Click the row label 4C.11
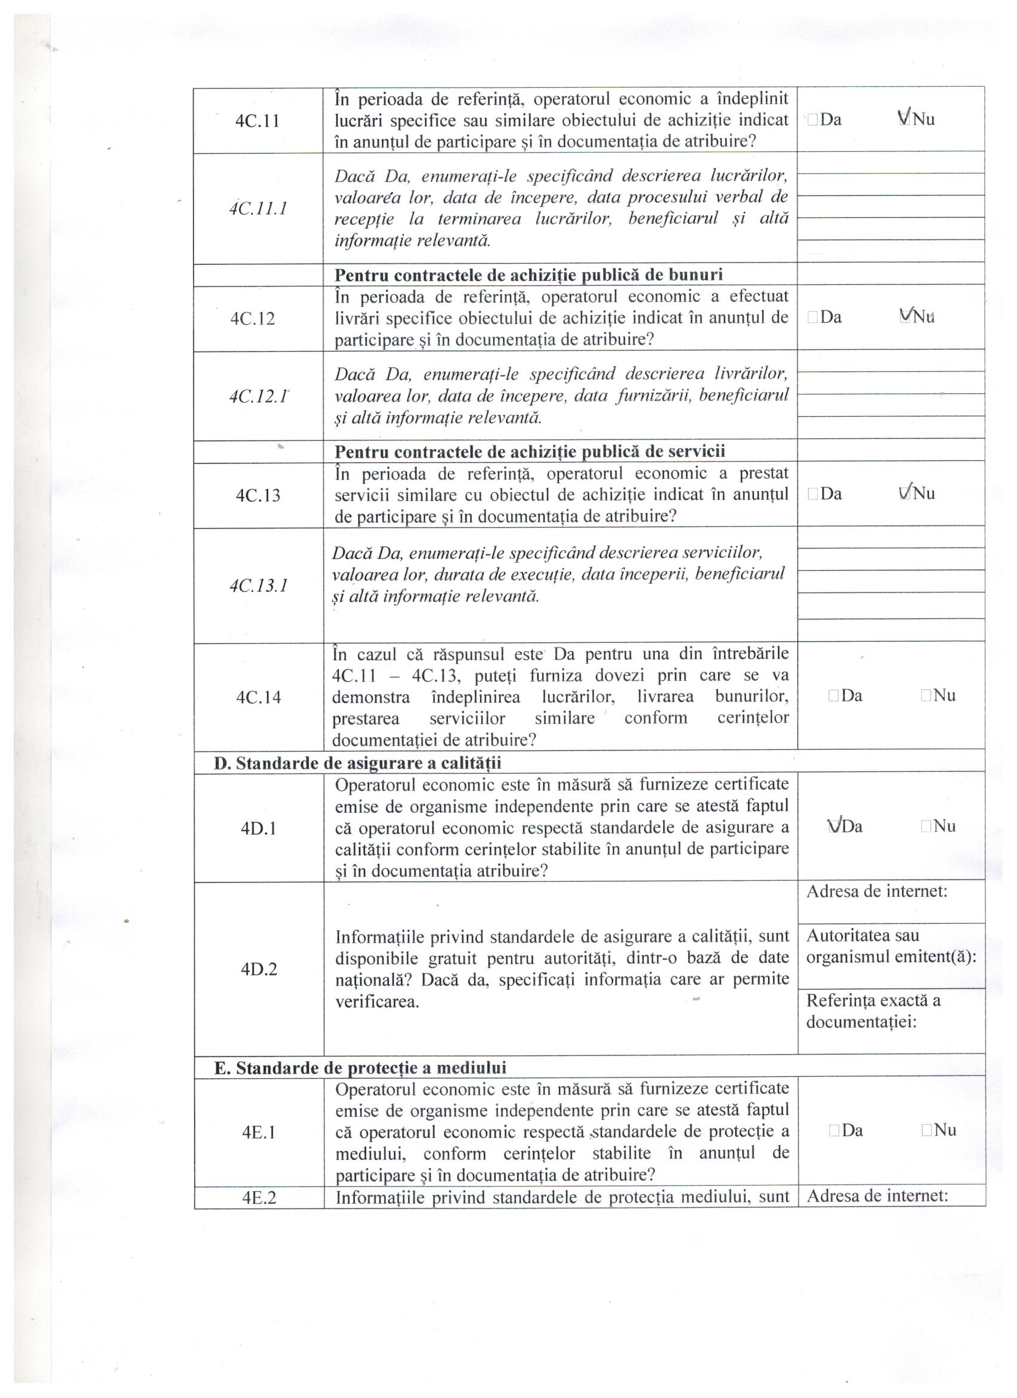tap(257, 121)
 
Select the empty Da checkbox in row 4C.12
tap(812, 318)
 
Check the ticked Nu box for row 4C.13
tap(905, 493)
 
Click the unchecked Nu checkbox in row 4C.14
tap(925, 696)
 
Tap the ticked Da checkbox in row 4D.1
tap(835, 826)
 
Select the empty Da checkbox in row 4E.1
tap(834, 1131)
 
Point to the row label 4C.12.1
tap(258, 396)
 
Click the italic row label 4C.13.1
tap(258, 585)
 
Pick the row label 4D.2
tap(259, 970)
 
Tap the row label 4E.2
tap(259, 1198)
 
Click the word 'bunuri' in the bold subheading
tap(692, 275)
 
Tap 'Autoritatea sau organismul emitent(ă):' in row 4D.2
tap(891, 946)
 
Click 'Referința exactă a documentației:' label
tap(873, 1011)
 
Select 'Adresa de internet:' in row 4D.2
tap(876, 892)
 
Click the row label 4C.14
tap(258, 697)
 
